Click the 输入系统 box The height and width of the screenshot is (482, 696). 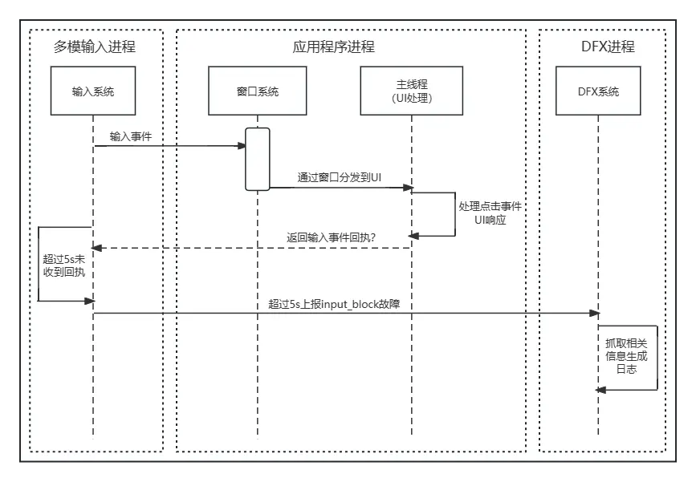[93, 91]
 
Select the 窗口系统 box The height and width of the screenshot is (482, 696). [257, 91]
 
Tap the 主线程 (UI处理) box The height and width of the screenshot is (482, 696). [412, 91]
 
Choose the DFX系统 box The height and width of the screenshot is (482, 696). [598, 91]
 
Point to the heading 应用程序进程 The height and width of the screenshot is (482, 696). [334, 47]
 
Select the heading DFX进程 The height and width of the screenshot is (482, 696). [608, 47]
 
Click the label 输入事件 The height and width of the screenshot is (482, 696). [131, 137]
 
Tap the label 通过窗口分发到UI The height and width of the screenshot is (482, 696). [339, 177]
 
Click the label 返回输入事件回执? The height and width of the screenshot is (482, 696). [332, 237]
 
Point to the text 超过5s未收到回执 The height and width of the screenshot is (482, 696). [63, 265]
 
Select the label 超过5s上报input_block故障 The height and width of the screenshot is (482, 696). [340, 303]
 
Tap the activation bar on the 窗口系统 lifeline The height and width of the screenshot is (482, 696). [257, 159]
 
